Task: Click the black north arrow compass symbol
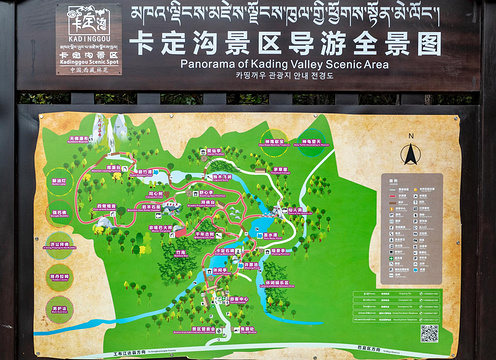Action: [x=410, y=154]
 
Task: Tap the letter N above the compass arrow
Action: [x=410, y=135]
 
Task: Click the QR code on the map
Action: [x=429, y=333]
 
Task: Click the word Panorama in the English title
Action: [x=208, y=63]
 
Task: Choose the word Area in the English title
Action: [x=375, y=63]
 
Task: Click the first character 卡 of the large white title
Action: [x=146, y=42]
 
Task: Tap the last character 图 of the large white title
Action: [x=429, y=42]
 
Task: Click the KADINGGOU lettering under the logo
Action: [x=89, y=47]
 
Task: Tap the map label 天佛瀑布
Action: [x=82, y=139]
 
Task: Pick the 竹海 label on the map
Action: [x=180, y=253]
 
